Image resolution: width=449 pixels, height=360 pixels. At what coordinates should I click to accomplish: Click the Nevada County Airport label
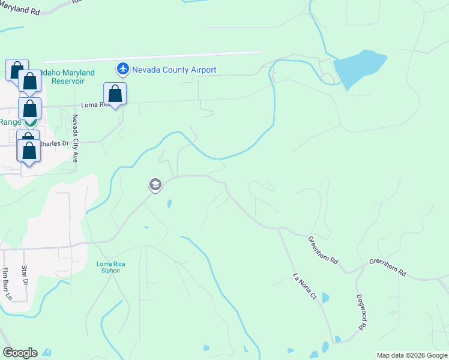click(x=174, y=70)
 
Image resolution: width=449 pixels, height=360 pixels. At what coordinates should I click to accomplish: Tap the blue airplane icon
click(x=124, y=70)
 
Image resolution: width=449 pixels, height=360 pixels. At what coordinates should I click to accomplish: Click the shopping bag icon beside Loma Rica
click(x=115, y=94)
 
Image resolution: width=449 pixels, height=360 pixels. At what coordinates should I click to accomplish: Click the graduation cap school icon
click(x=155, y=185)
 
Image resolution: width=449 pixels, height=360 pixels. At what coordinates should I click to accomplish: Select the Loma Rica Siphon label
click(x=108, y=267)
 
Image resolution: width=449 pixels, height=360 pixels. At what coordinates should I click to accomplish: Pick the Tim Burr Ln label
click(x=8, y=283)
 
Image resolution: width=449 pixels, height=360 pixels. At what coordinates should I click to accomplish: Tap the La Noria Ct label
click(x=304, y=286)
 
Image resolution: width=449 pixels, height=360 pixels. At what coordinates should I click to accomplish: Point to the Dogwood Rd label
click(x=361, y=312)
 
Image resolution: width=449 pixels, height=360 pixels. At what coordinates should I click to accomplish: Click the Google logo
click(x=20, y=353)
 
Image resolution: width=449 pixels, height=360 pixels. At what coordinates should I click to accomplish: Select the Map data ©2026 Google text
click(x=412, y=355)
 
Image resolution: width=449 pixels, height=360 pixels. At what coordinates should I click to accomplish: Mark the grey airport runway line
click(x=150, y=56)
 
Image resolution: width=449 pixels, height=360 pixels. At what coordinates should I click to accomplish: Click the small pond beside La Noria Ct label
click(x=325, y=298)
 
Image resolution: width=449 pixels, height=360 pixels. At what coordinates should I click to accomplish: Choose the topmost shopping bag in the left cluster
click(x=17, y=69)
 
